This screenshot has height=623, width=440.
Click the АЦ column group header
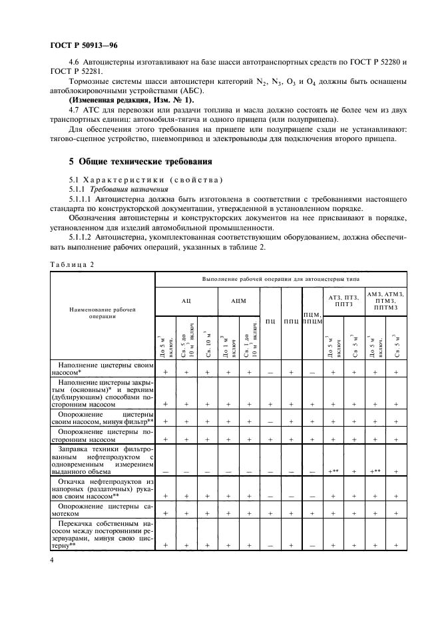point(186,300)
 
